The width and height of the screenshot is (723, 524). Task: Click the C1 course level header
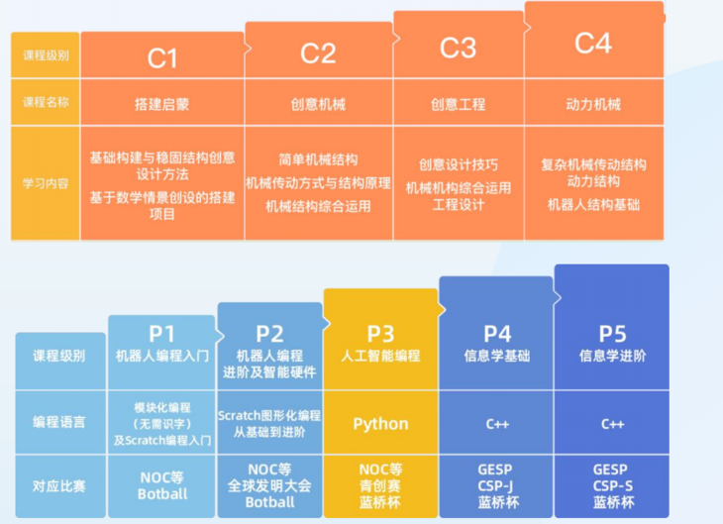162,57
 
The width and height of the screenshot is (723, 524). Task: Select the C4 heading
593,43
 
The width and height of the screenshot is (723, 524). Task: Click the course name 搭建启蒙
162,103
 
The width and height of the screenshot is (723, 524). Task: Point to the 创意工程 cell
458,103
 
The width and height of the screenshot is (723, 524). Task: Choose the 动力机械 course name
593,103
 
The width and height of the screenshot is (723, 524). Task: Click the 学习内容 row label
46,182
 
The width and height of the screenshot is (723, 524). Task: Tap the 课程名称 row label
46,103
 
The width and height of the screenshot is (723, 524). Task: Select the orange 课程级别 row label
46,56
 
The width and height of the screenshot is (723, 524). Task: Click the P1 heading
161,334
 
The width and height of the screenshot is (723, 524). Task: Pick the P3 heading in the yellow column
380,334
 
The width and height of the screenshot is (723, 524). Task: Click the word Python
380,424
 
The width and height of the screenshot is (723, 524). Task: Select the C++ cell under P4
496,424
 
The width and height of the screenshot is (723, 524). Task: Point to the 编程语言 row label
59,422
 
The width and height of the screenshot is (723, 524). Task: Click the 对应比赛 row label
59,485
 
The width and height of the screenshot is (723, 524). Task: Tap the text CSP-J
496,485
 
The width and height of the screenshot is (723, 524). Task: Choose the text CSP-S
612,485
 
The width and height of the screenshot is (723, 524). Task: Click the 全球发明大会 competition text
269,485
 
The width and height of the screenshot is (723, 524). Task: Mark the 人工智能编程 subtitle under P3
380,356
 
